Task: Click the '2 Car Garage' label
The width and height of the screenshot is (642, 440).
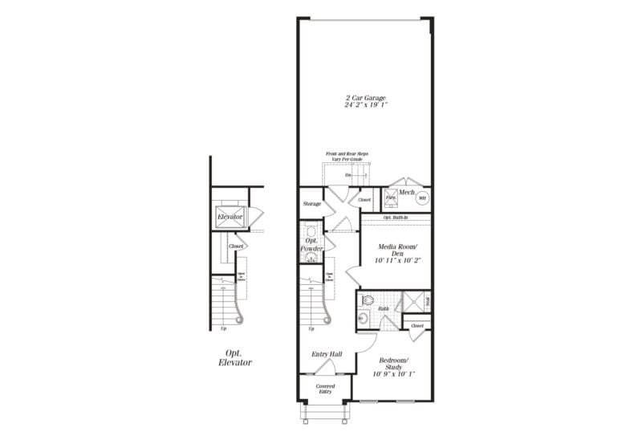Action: coord(365,97)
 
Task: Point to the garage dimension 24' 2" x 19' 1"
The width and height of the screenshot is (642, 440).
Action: coord(365,104)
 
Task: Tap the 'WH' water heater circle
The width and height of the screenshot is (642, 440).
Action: coord(422,198)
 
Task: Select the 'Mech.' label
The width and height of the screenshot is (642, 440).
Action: coord(407,192)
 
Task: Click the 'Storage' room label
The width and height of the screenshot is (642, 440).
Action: coord(312,204)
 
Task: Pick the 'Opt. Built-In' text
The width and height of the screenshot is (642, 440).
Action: coord(395,218)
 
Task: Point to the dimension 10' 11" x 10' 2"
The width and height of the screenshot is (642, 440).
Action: coord(393,260)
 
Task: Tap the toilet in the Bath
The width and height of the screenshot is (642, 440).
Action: coord(367,302)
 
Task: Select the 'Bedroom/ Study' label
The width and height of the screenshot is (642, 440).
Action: coord(392,362)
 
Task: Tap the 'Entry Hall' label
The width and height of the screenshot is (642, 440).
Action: coord(327,353)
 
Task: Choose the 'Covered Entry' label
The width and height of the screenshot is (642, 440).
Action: coord(325,389)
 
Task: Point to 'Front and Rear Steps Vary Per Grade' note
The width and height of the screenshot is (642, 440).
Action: coord(343,157)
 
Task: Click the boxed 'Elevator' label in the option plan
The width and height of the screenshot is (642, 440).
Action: coord(230,217)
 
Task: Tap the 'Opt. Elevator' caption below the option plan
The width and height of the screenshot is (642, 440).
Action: coord(234,358)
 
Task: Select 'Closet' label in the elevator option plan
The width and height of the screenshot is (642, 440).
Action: coord(236,246)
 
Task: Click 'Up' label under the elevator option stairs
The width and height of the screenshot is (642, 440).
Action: coord(223,328)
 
